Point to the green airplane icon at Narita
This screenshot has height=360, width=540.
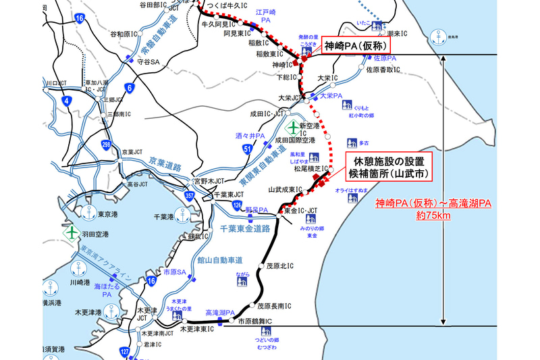tap(293, 127)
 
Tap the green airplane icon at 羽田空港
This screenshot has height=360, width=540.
tap(72, 231)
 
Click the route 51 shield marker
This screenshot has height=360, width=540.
tap(248, 149)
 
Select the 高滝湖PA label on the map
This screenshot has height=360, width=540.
tap(220, 313)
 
